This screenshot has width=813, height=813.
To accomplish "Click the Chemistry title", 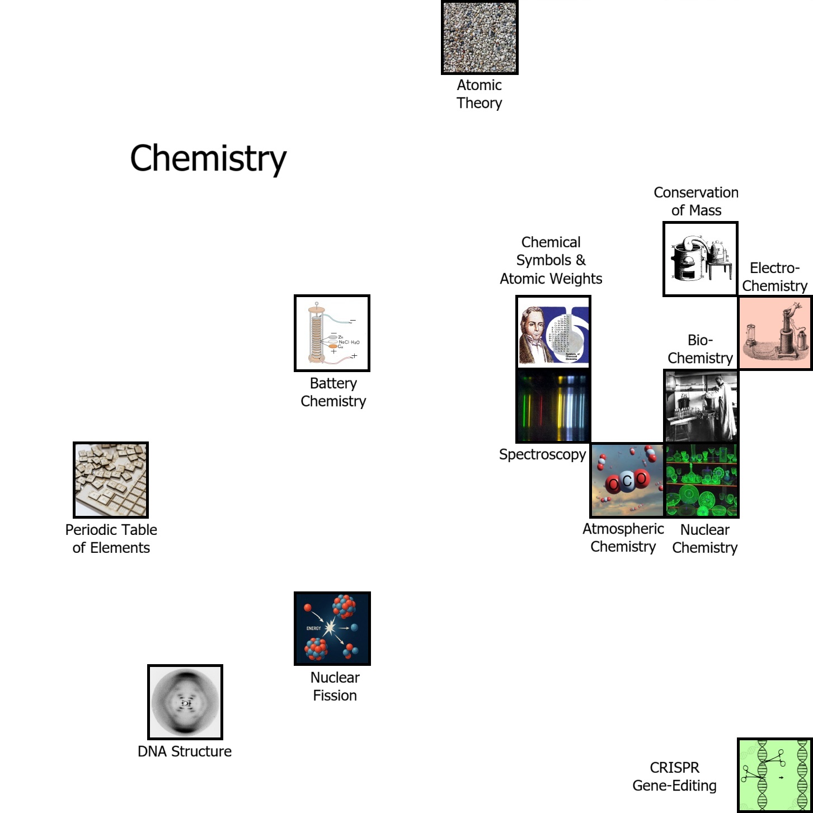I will point(208,158).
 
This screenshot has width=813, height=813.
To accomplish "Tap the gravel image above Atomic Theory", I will point(480,37).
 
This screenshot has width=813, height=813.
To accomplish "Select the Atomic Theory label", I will point(480,94).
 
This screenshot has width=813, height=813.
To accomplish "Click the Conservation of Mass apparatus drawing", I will point(701,259).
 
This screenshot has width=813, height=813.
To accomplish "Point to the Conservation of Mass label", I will point(696,201).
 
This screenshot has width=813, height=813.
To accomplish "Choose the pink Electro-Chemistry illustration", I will point(776,333).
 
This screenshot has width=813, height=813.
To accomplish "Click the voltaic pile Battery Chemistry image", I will point(332,333).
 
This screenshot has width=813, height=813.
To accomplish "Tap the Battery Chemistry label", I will point(333,392).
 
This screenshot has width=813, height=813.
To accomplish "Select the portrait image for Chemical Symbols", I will point(553,332).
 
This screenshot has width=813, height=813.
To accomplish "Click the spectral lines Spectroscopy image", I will point(553,406).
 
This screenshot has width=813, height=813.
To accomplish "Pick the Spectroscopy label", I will point(542,454).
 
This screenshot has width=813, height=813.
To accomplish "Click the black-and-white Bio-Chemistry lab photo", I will point(701,406).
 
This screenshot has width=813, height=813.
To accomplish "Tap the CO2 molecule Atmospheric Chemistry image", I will point(627,480).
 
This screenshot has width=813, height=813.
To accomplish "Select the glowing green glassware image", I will point(702,480).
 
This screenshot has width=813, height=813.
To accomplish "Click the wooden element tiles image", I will point(111,480).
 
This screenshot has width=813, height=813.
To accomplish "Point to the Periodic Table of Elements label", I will point(111,539).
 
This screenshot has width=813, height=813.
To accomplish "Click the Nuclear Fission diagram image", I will point(332,628).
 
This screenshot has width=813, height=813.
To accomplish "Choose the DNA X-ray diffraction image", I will point(185,702).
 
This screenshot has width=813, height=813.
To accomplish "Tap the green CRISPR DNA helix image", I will point(775,775).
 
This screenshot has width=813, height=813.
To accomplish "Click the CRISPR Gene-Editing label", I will point(674,777).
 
